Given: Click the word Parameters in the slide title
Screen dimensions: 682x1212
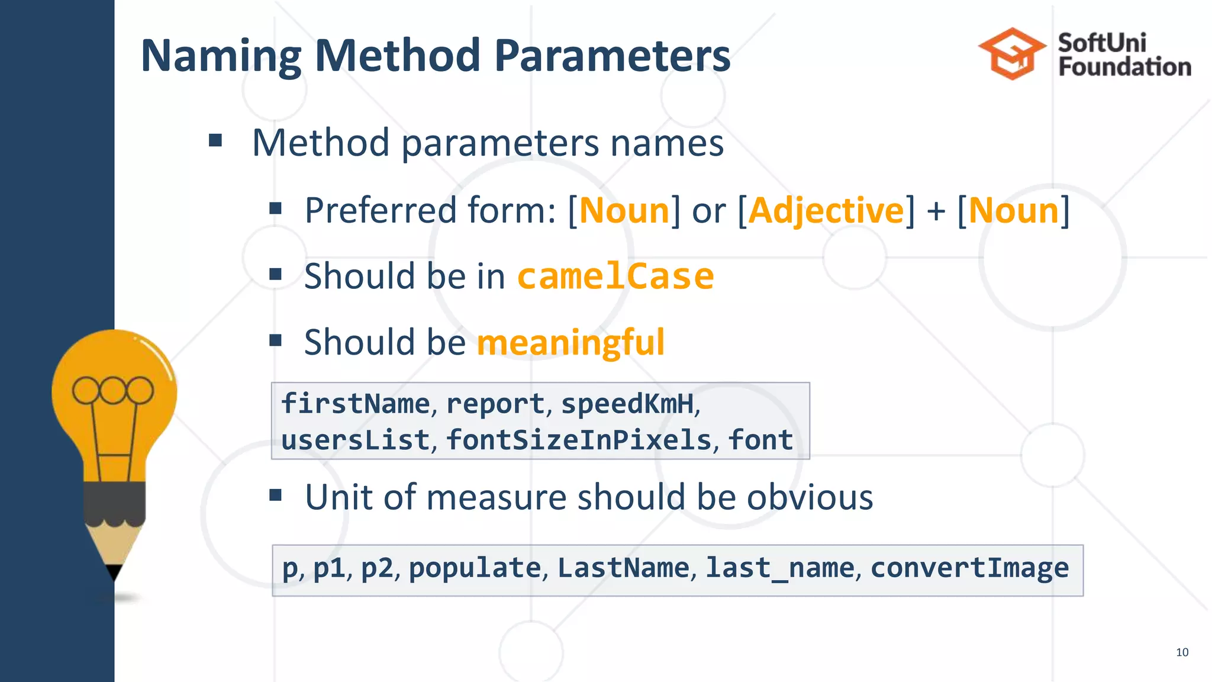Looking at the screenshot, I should pos(612,56).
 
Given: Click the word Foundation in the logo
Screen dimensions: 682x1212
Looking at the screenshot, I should pos(1124,67).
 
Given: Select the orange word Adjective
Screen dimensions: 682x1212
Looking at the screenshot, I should pos(826,211).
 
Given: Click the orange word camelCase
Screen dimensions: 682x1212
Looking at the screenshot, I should pos(615,276).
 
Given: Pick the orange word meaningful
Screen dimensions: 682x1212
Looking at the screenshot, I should pos(570,342).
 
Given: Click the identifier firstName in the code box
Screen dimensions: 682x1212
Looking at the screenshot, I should pos(356,404).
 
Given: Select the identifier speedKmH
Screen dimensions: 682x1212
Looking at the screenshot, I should pos(627,404).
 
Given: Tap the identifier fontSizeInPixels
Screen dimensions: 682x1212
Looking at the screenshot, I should pos(579,440).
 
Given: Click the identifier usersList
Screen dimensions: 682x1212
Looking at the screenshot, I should pos(356,440).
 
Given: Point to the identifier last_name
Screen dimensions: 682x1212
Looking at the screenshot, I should pos(780,568).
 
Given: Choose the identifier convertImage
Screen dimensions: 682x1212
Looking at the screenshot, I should pos(969,568).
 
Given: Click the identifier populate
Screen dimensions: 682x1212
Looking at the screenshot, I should pos(475,568).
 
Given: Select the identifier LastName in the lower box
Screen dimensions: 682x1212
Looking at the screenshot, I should pos(623,568).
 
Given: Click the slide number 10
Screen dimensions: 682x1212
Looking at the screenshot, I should pos(1182,652).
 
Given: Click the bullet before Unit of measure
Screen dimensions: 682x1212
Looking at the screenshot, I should pos(275,495).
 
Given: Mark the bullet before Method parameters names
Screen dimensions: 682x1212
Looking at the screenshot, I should pos(215,141).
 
